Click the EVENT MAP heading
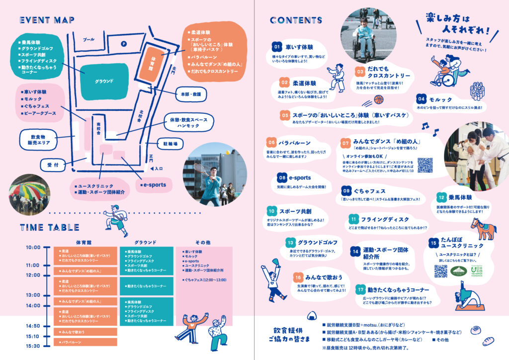47,20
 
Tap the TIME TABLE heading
50,228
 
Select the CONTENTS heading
296,20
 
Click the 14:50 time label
33,326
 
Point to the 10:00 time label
33,247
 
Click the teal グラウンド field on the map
104,81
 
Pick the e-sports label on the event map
155,185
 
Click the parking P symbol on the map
124,44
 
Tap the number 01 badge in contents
277,47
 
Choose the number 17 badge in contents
360,289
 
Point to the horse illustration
483,230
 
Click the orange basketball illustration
379,99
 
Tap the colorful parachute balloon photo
29,192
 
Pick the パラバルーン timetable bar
85,342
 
